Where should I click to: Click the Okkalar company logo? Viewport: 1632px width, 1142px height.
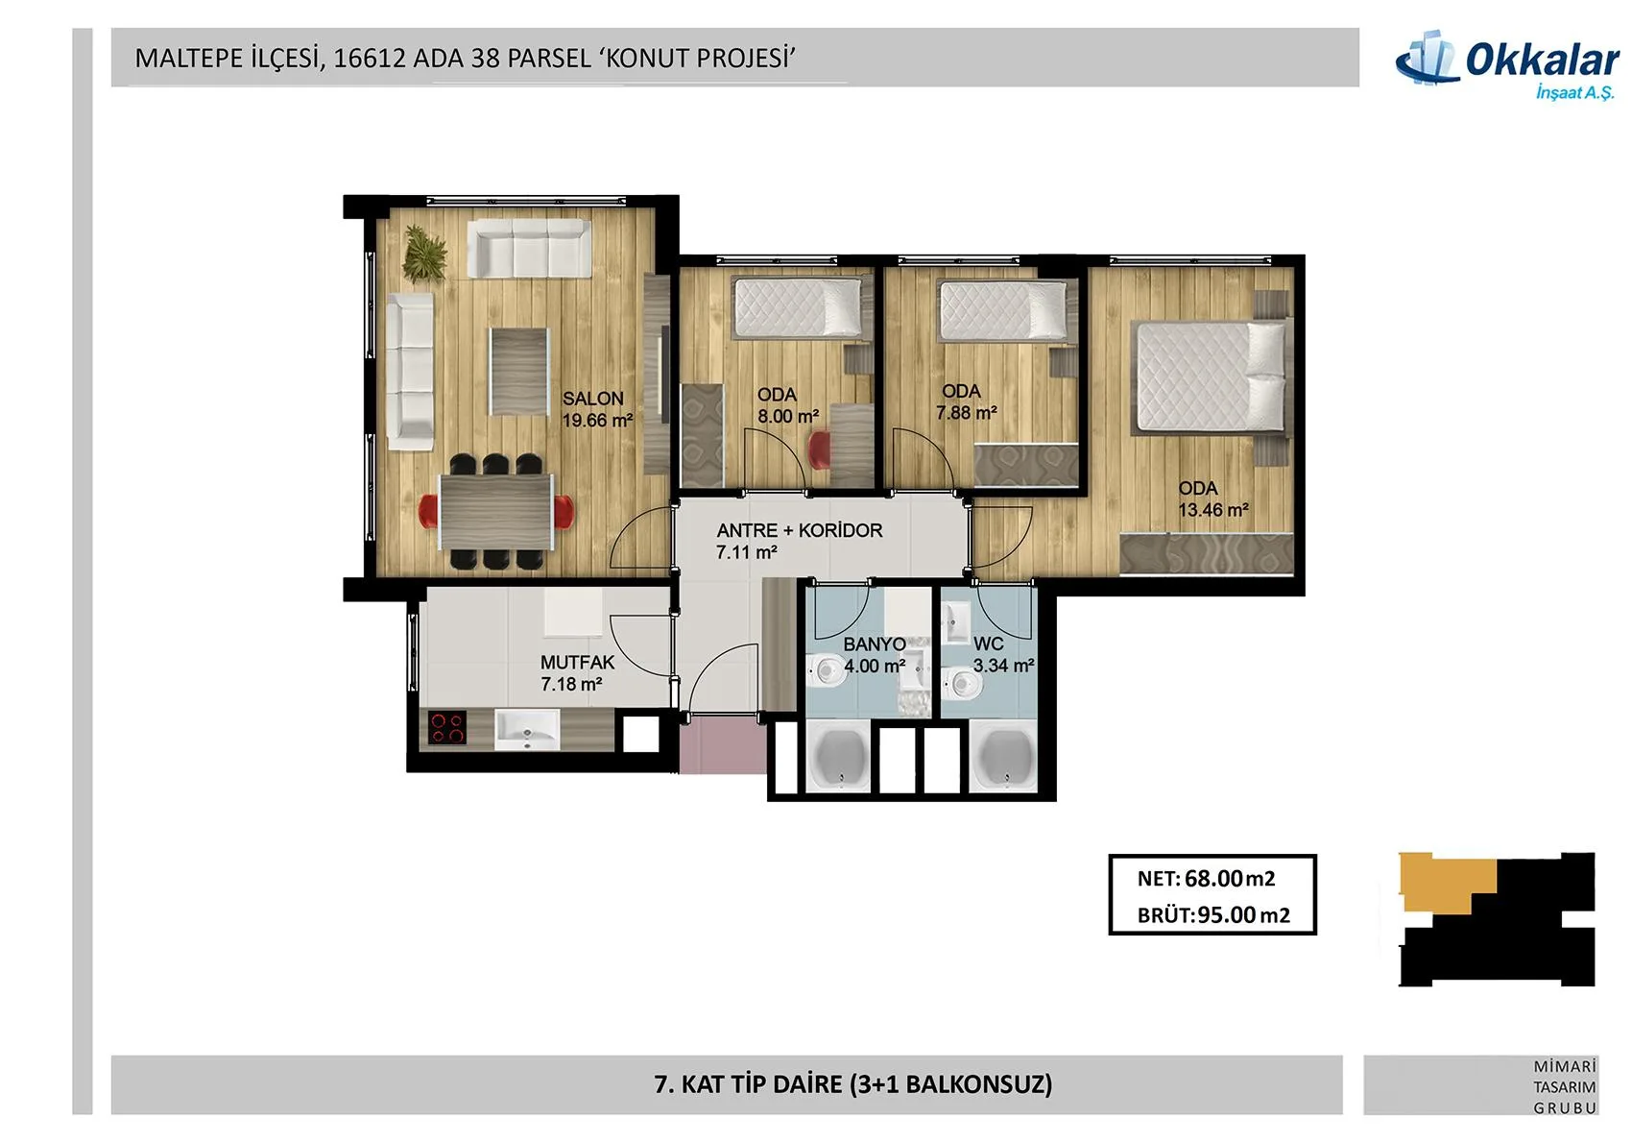coord(1506,65)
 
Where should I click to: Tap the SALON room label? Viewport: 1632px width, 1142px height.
coord(593,399)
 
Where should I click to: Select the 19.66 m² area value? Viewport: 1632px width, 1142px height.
coord(597,421)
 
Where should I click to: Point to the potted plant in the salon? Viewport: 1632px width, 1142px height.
coord(424,254)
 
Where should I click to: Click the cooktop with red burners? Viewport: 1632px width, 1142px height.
coord(447,728)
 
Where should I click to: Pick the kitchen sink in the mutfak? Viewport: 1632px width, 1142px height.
coord(527,730)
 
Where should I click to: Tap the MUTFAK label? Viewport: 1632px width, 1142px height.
coord(577,663)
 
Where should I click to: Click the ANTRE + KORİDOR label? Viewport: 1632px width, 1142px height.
coord(800,530)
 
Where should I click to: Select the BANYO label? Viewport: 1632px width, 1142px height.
coord(875,644)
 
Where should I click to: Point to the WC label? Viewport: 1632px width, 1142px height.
coord(989,644)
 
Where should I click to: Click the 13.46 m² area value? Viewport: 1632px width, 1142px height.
coord(1213,510)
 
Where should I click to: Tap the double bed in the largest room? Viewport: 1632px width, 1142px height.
coord(1208,378)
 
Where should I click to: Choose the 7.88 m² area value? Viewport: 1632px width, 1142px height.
coord(966,413)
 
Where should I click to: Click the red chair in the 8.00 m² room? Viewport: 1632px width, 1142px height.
coord(819,450)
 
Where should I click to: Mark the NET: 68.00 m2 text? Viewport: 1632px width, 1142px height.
coord(1207,879)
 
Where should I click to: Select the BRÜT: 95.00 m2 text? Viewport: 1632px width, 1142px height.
coord(1213,915)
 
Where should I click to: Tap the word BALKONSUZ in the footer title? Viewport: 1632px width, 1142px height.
coord(975,1084)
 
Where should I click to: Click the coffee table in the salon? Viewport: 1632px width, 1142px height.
coord(518,372)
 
